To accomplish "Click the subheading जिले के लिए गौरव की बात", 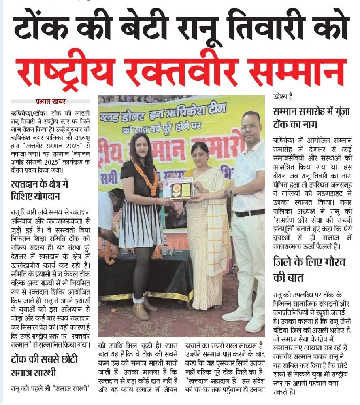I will [309, 269].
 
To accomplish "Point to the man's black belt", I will [249, 212].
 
